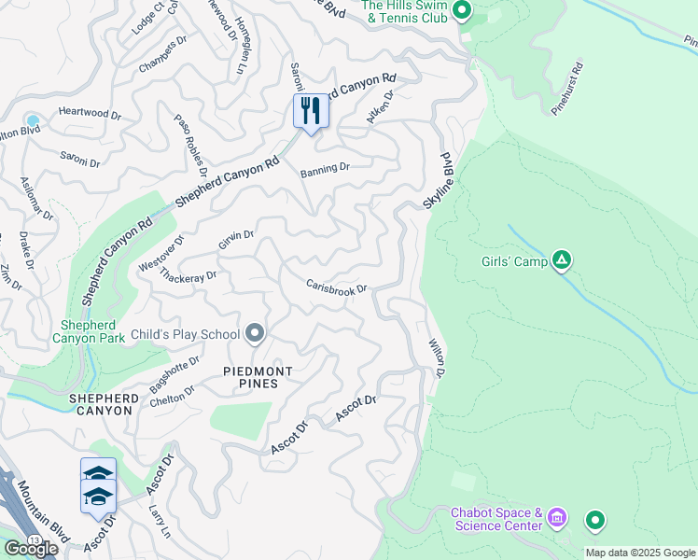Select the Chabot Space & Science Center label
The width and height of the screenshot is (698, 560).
point(496,519)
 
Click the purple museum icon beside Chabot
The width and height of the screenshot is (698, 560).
point(557,516)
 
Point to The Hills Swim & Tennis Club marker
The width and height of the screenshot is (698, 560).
point(461,11)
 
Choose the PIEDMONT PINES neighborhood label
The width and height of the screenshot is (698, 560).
point(258,377)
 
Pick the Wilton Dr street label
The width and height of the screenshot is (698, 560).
point(437,358)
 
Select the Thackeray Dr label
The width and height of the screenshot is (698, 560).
point(188,275)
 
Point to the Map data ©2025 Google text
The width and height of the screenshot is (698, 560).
point(640,553)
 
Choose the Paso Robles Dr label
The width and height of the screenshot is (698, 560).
point(189,145)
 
